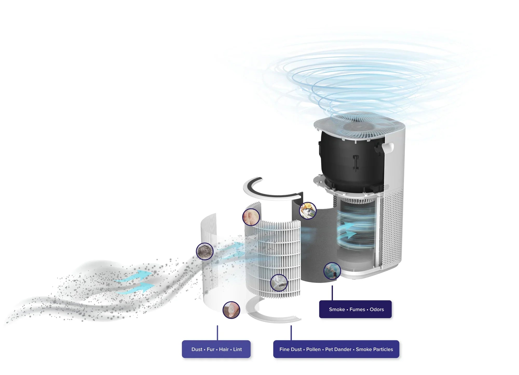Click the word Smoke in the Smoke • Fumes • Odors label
pos(337,309)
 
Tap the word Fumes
pos(357,309)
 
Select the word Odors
pos(377,309)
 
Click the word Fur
pos(211,349)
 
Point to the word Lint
pos(237,349)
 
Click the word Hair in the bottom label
pos(224,349)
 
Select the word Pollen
pos(313,349)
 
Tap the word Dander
pos(344,349)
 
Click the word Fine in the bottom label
pos(284,349)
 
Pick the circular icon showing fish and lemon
pos(308,210)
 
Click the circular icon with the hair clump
pos(205,251)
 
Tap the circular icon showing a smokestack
pos(332,271)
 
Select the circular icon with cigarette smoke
pos(279,283)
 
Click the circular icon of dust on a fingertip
pos(231,310)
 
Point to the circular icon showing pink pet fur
pos(251,217)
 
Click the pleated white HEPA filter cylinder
pos(272,257)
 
